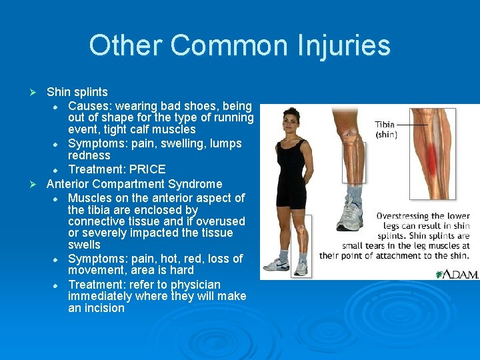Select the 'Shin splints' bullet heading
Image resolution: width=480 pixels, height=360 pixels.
(77, 92)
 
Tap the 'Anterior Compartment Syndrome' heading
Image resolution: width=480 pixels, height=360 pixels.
(134, 184)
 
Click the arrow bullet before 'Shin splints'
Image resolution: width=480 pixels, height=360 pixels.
(37, 92)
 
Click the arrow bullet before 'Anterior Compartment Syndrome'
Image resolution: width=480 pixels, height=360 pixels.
(37, 184)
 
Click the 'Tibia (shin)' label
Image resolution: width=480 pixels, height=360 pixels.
(386, 129)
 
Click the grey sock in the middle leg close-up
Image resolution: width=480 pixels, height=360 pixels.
(353, 195)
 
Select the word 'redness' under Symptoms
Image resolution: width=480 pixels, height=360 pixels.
(89, 155)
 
